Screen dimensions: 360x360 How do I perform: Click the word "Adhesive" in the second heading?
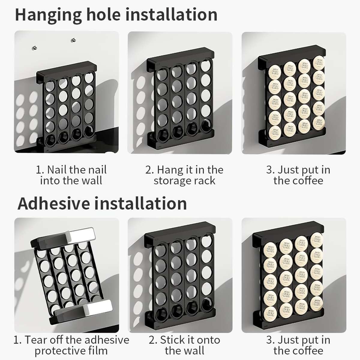click(x=54, y=203)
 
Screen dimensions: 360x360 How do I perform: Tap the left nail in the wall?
click(x=35, y=47)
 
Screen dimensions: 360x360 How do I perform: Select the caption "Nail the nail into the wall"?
click(x=71, y=175)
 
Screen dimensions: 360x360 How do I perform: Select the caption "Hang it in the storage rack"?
click(x=184, y=175)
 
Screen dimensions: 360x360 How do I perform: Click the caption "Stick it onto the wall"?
click(x=184, y=345)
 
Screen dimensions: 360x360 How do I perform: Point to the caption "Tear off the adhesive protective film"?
click(x=71, y=345)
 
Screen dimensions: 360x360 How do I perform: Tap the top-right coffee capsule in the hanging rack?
click(x=319, y=63)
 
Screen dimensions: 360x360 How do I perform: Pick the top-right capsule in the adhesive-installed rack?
click(x=316, y=240)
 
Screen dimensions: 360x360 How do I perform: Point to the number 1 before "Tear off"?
click(x=17, y=340)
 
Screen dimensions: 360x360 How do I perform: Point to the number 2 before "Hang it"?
click(x=149, y=170)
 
